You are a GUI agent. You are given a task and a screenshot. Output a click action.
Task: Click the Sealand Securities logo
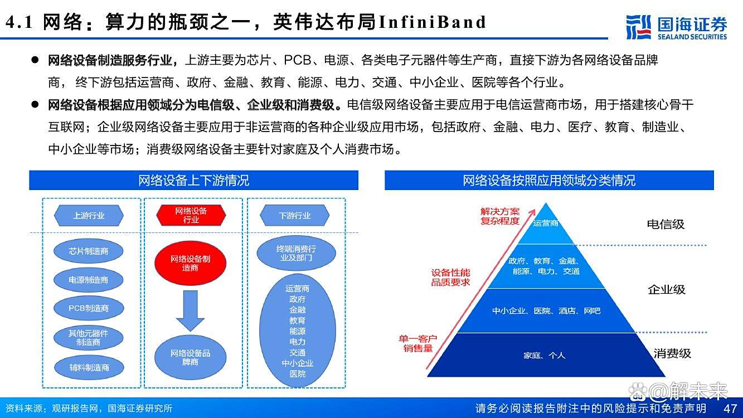click(x=676, y=27)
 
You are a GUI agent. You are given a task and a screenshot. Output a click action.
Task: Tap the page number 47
click(x=730, y=408)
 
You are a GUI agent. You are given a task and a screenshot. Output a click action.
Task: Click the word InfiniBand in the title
click(x=433, y=22)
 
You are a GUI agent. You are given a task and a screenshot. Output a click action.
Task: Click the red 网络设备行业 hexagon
click(x=191, y=215)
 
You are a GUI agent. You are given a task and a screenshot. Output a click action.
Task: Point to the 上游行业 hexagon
click(x=89, y=215)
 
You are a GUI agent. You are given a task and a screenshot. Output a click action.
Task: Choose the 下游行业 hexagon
click(x=295, y=215)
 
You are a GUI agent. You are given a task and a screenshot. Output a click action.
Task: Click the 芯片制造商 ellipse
click(x=89, y=251)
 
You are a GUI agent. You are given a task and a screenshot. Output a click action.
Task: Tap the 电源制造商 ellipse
click(x=89, y=280)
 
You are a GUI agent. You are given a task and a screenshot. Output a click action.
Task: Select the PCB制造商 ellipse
click(x=89, y=308)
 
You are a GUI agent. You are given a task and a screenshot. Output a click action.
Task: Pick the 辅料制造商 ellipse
click(x=89, y=367)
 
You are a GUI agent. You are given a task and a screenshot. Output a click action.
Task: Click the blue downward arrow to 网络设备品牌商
click(x=191, y=310)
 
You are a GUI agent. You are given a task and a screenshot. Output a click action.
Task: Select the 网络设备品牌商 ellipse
click(x=191, y=357)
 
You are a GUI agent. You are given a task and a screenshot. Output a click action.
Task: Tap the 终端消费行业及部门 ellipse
click(x=297, y=254)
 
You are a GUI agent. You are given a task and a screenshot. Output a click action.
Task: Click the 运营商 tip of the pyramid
click(x=545, y=223)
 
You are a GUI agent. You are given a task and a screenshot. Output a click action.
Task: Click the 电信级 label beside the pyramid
click(x=666, y=224)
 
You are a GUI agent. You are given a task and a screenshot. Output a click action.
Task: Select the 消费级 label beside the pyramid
click(x=672, y=353)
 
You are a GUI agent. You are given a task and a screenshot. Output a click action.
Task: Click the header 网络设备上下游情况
click(x=193, y=181)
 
